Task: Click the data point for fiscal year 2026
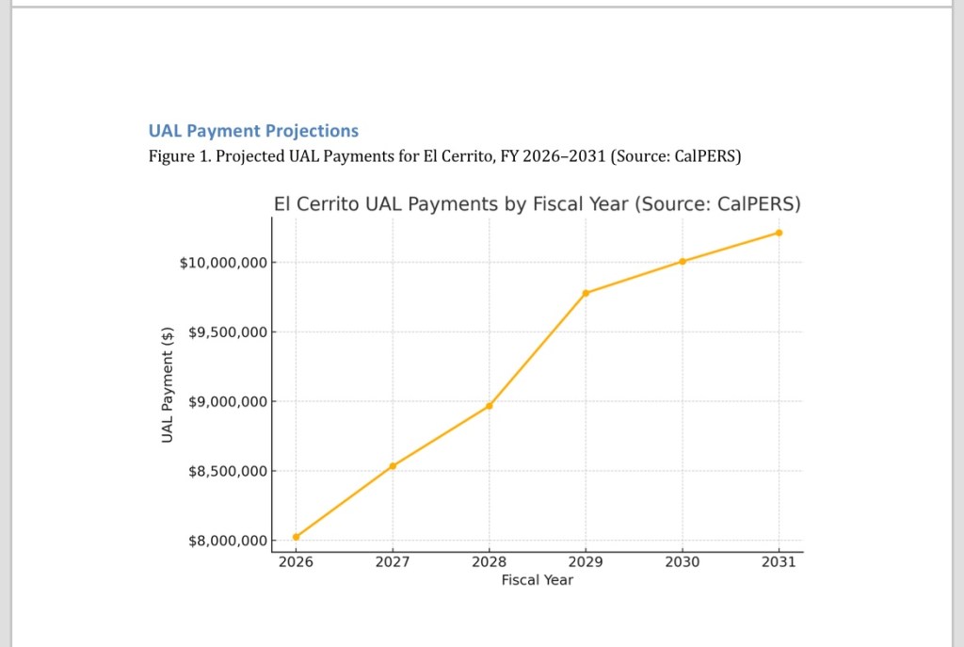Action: click(x=296, y=537)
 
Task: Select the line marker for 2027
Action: click(x=393, y=466)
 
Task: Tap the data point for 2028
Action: click(x=490, y=406)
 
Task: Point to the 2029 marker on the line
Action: click(x=586, y=293)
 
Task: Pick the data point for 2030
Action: click(x=683, y=261)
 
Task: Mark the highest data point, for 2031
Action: click(x=779, y=233)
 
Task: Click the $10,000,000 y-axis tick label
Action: click(x=222, y=262)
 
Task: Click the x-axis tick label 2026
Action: click(x=296, y=562)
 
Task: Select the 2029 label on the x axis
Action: click(x=586, y=562)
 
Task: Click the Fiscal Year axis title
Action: click(x=537, y=580)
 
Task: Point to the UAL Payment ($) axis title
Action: click(x=168, y=383)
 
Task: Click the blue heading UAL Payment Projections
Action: click(x=253, y=131)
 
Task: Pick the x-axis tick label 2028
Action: click(x=490, y=562)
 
